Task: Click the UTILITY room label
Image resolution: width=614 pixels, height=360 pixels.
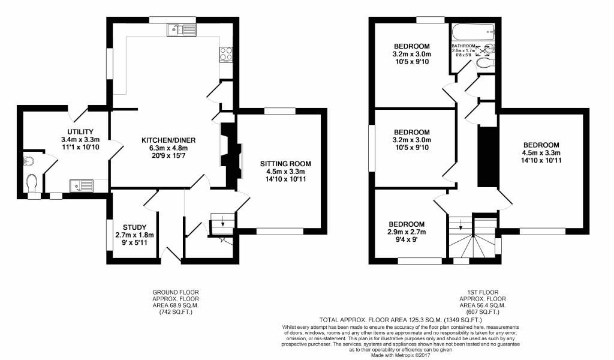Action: click(80, 131)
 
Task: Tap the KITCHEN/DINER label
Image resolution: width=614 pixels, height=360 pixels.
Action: click(168, 140)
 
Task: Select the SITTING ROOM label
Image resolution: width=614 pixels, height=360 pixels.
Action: click(285, 164)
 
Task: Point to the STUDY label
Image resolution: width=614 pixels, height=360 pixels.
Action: click(134, 227)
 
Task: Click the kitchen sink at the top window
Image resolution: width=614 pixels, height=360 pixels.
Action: click(182, 30)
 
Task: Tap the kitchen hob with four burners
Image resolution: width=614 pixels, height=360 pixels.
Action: click(226, 55)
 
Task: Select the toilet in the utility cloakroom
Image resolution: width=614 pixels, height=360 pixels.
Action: click(32, 184)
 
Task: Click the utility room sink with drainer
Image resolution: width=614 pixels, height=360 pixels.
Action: click(82, 185)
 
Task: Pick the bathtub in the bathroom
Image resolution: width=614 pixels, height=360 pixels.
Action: click(474, 31)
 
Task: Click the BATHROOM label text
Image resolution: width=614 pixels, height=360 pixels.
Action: click(463, 46)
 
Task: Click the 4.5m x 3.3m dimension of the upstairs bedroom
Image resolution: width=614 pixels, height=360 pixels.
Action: click(541, 153)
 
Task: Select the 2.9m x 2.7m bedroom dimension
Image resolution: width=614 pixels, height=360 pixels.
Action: click(407, 232)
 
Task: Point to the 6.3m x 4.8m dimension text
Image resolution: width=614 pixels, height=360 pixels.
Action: click(168, 148)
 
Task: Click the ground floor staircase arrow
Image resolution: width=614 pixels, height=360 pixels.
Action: click(223, 222)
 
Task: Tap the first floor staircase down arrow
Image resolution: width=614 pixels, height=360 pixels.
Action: click(460, 224)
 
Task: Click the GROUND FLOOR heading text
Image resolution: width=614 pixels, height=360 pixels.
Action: click(176, 292)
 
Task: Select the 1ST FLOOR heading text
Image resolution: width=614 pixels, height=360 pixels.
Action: click(483, 292)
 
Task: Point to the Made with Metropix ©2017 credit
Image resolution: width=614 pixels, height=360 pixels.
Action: click(401, 355)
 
